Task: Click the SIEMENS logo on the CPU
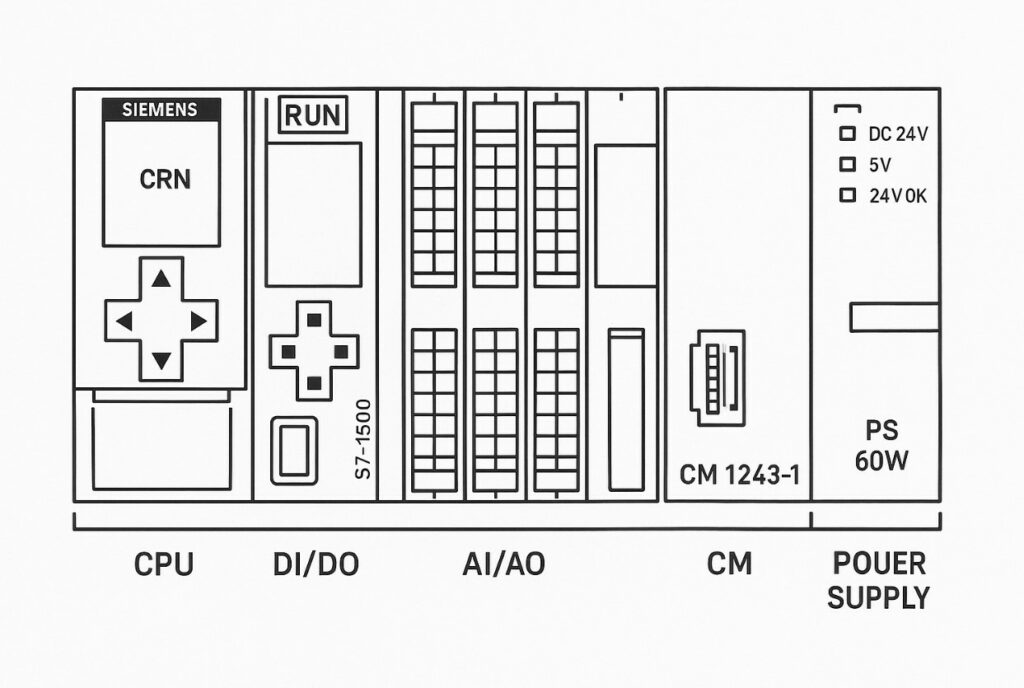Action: [x=160, y=110]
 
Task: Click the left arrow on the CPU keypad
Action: [x=124, y=322]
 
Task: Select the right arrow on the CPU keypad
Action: [x=197, y=322]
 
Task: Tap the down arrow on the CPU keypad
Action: [x=160, y=359]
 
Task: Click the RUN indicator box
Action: [x=313, y=116]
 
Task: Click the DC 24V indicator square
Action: [x=848, y=133]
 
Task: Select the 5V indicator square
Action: [x=848, y=164]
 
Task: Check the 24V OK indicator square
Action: [x=848, y=196]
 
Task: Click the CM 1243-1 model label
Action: [x=739, y=473]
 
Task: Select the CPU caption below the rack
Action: [x=164, y=565]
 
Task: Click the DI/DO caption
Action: [x=315, y=565]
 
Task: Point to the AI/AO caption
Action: [x=504, y=565]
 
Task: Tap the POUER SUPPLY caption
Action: [x=879, y=580]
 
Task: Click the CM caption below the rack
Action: [x=729, y=565]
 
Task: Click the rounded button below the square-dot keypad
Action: [x=293, y=452]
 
